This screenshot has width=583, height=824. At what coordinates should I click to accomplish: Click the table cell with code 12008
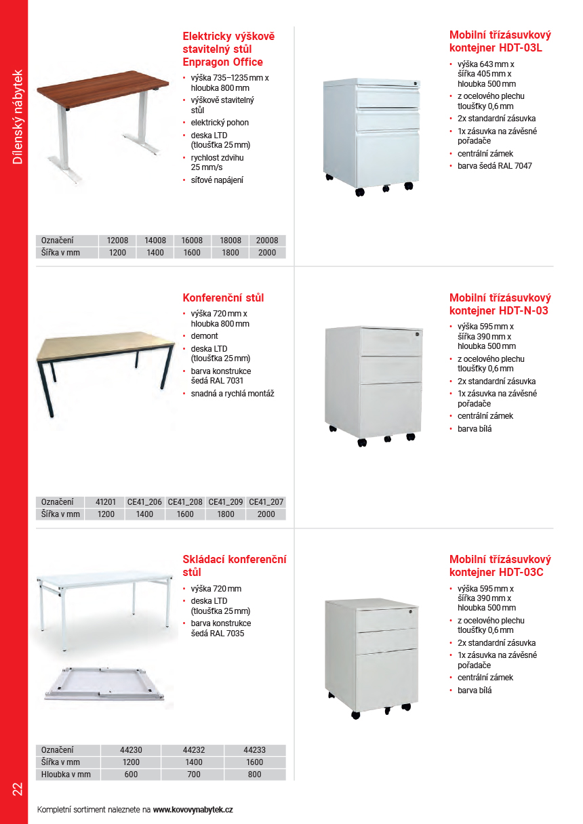click(117, 241)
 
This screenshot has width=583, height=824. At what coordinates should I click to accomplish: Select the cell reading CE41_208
click(185, 502)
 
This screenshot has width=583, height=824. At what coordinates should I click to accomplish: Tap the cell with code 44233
click(254, 750)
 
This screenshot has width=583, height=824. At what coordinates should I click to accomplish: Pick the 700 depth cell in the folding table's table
click(193, 775)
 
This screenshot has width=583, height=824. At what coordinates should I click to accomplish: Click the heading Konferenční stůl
click(223, 297)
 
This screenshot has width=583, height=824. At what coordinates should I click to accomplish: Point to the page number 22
click(17, 789)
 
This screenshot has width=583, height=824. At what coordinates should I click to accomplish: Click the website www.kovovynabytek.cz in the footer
click(193, 809)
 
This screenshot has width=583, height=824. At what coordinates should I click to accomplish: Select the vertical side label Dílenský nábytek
click(18, 117)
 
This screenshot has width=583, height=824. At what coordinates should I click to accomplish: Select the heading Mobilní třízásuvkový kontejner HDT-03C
click(500, 566)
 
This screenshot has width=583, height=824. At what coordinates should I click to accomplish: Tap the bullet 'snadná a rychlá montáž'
click(232, 394)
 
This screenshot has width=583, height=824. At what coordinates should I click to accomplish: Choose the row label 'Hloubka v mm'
click(66, 775)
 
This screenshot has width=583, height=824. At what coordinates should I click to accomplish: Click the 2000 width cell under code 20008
click(267, 253)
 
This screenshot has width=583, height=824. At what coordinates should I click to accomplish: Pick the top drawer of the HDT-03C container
click(387, 619)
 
